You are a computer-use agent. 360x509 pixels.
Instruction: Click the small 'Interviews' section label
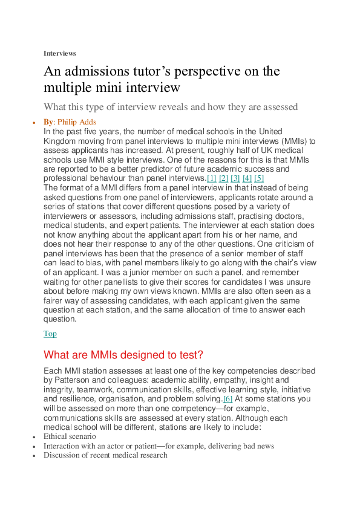pos(59,53)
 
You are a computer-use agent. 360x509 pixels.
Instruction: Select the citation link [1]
pos(212,178)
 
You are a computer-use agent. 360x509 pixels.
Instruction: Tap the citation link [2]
pos(224,178)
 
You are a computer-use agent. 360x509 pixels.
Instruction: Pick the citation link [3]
pos(235,178)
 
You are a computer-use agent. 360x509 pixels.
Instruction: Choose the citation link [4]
pos(247,178)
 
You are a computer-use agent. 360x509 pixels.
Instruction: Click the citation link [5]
pos(259,178)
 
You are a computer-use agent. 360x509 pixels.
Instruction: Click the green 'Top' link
pos(50,334)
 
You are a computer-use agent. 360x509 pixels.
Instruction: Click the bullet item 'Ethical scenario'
pos(70,436)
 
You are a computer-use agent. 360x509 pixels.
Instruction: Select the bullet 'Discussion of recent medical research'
pos(105,455)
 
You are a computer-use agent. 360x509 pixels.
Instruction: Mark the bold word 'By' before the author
pos(48,122)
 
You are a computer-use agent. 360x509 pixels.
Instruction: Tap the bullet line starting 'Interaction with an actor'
pos(159,446)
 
